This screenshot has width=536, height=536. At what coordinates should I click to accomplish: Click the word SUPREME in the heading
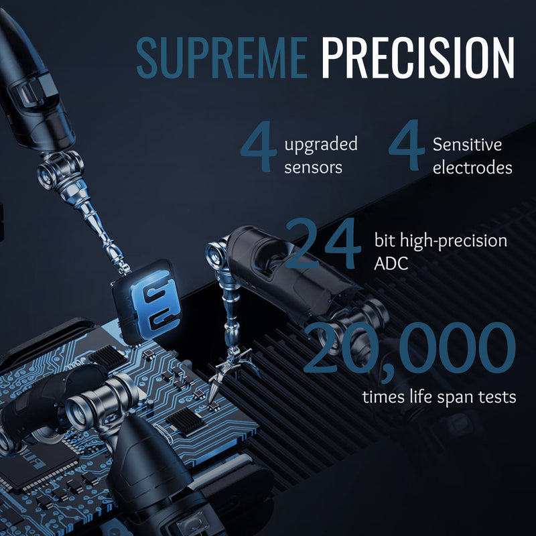click(x=222, y=58)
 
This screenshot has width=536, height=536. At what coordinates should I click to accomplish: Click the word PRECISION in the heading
click(x=417, y=58)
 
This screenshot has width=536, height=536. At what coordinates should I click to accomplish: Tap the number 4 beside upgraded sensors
click(x=259, y=146)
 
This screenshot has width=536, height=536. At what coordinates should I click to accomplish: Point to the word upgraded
click(x=321, y=145)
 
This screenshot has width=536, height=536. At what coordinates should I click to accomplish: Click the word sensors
click(x=313, y=167)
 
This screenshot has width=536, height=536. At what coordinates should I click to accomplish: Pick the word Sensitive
click(x=467, y=144)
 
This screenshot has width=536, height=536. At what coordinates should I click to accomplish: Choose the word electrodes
click(x=472, y=167)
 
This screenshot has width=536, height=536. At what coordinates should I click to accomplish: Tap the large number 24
click(x=323, y=243)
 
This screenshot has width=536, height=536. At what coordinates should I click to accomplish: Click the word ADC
click(x=391, y=263)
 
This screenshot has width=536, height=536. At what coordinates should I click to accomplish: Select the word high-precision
click(x=454, y=241)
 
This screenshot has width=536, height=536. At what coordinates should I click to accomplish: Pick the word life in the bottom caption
click(x=421, y=397)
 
